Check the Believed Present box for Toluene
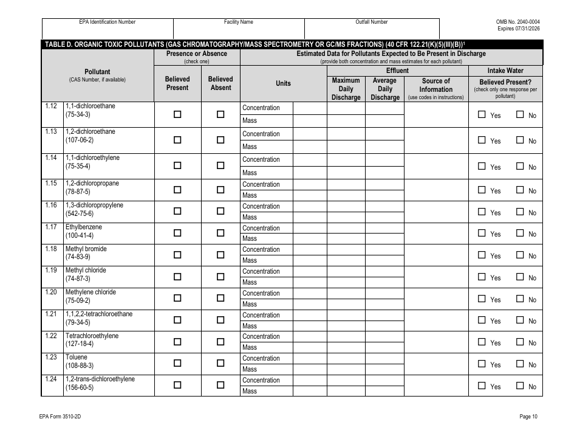[x=177, y=363]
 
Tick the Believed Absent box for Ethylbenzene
[x=220, y=232]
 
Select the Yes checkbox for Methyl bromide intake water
[x=482, y=255]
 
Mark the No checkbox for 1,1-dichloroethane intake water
[x=520, y=114]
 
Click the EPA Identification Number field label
[x=108, y=22]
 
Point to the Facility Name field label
[x=239, y=22]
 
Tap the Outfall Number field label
[x=372, y=22]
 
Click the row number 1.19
[x=51, y=271]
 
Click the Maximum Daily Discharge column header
[x=346, y=89]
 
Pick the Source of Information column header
[x=435, y=85]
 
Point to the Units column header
[x=283, y=84]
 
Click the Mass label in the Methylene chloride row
[x=250, y=304]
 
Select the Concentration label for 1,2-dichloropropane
[x=261, y=184]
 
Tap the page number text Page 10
[x=528, y=417]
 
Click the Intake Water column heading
[x=505, y=71]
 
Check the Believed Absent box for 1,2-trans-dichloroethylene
[x=220, y=385]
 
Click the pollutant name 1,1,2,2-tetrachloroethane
[x=99, y=314]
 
